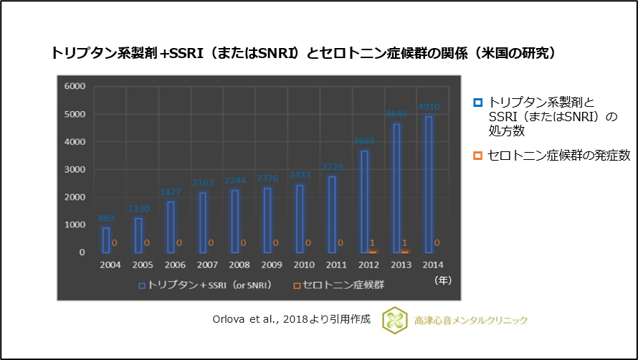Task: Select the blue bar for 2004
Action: (106, 240)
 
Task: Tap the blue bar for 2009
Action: (267, 220)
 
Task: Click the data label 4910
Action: (429, 108)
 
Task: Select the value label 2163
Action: (203, 184)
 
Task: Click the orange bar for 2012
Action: (373, 251)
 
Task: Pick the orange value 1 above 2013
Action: (405, 243)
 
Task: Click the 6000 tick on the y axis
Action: (75, 86)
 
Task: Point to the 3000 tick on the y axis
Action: (75, 169)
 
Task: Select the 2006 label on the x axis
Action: (175, 265)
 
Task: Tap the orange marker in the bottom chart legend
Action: (296, 285)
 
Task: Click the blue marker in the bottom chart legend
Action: (142, 285)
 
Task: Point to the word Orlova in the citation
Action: (229, 320)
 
